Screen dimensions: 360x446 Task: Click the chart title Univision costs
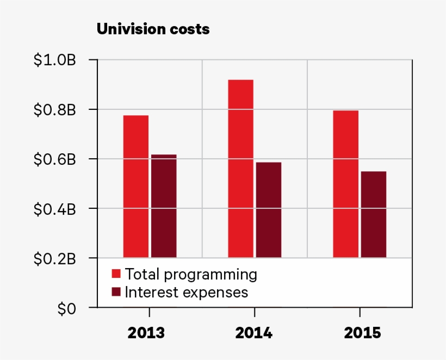point(153,29)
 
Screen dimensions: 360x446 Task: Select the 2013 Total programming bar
point(135,185)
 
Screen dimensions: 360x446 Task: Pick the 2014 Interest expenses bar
point(269,209)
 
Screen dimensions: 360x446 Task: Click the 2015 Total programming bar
point(345,183)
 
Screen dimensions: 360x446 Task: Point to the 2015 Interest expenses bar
point(374,214)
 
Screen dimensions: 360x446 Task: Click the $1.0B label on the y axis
point(54,60)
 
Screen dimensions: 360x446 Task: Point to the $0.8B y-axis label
point(54,110)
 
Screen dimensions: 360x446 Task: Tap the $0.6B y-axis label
point(54,159)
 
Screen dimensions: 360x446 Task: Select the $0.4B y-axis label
point(54,209)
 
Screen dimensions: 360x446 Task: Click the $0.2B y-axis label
point(54,258)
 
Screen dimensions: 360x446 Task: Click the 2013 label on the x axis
point(146,333)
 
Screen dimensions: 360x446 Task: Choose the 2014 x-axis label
point(253,333)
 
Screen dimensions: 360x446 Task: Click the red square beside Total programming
point(116,274)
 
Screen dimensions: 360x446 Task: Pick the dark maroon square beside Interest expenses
point(116,293)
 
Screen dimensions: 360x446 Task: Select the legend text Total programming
point(191,274)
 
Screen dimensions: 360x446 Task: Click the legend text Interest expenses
point(186,293)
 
